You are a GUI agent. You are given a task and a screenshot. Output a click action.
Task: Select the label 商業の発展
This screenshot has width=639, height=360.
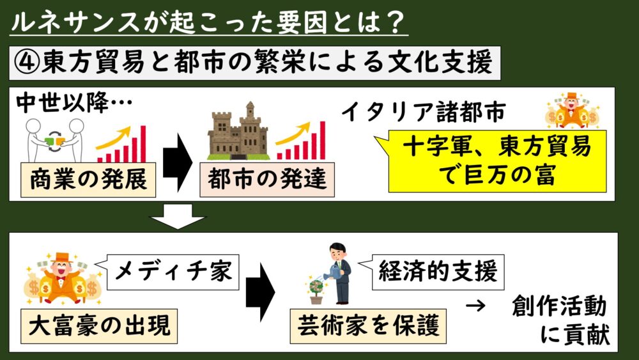point(88,180)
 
